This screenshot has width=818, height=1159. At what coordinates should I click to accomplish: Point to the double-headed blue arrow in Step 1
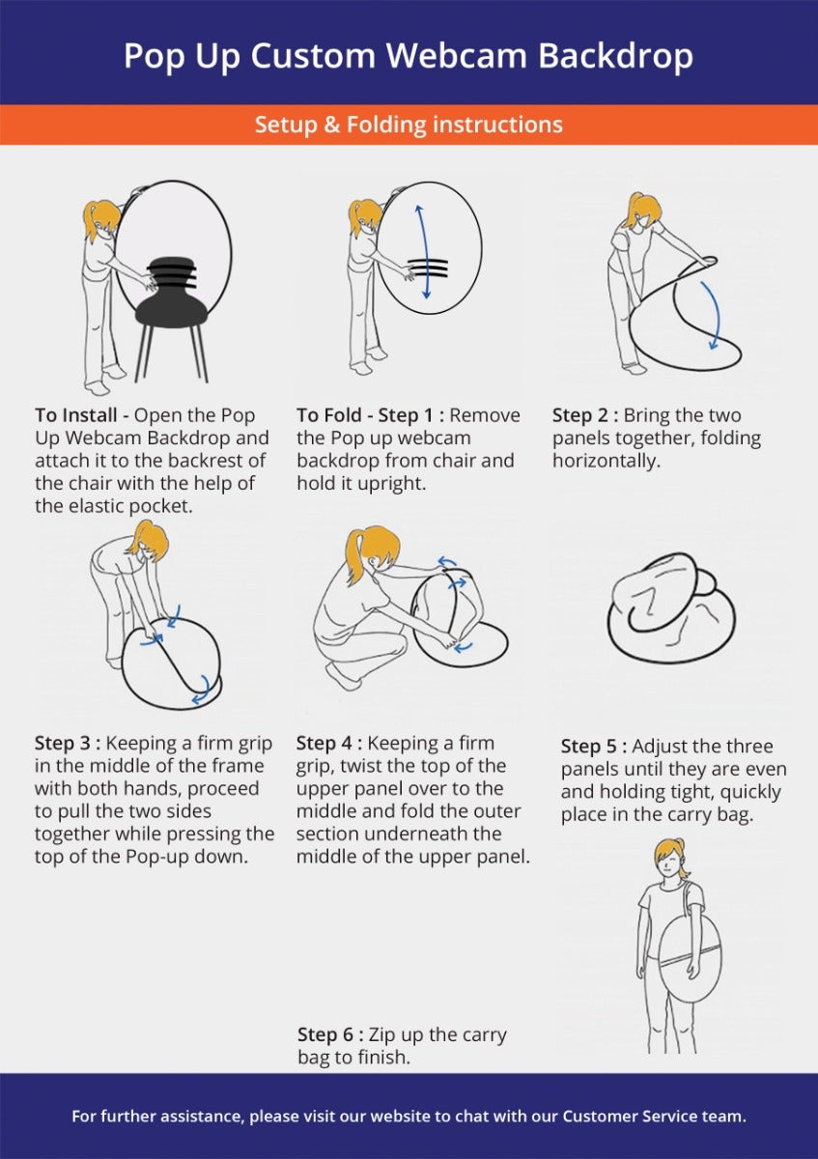(423, 251)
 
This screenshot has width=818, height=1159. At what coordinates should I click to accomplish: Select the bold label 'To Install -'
(82, 415)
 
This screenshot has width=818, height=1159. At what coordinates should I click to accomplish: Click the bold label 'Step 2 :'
(585, 415)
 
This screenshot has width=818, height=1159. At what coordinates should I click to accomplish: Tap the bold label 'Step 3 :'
(68, 743)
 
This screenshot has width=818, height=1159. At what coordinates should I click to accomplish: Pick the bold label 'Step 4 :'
(329, 743)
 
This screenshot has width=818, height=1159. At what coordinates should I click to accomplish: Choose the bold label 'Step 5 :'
(594, 746)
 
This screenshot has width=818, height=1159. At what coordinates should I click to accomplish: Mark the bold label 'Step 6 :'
(330, 1034)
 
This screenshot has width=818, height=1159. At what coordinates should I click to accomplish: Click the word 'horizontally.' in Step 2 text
(606, 461)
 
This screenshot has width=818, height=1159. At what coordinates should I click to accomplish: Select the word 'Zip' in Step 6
(381, 1035)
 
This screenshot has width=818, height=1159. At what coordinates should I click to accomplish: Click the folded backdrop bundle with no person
(671, 608)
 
